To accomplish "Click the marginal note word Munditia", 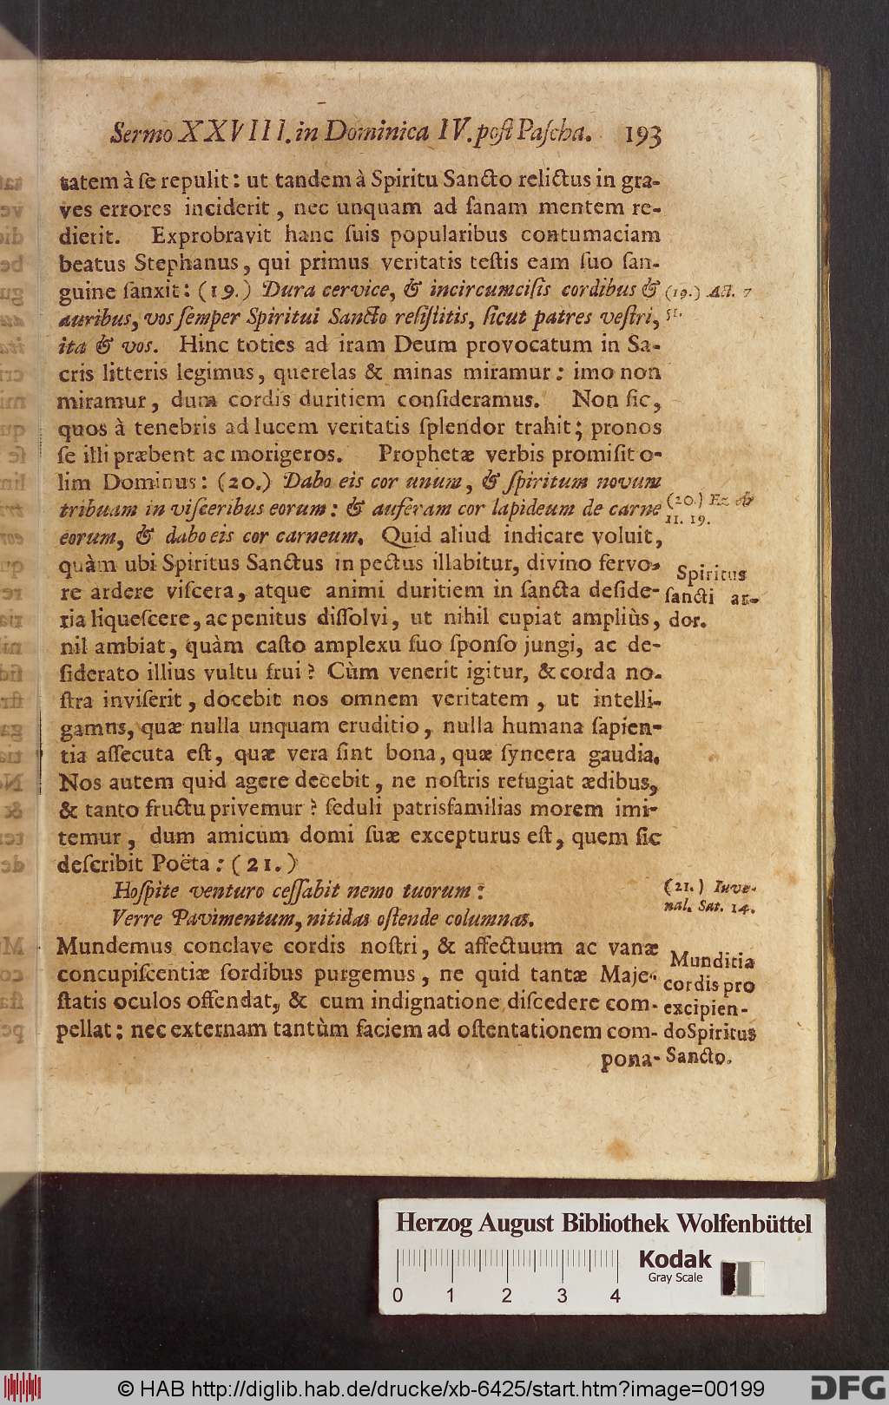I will [x=712, y=961].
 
